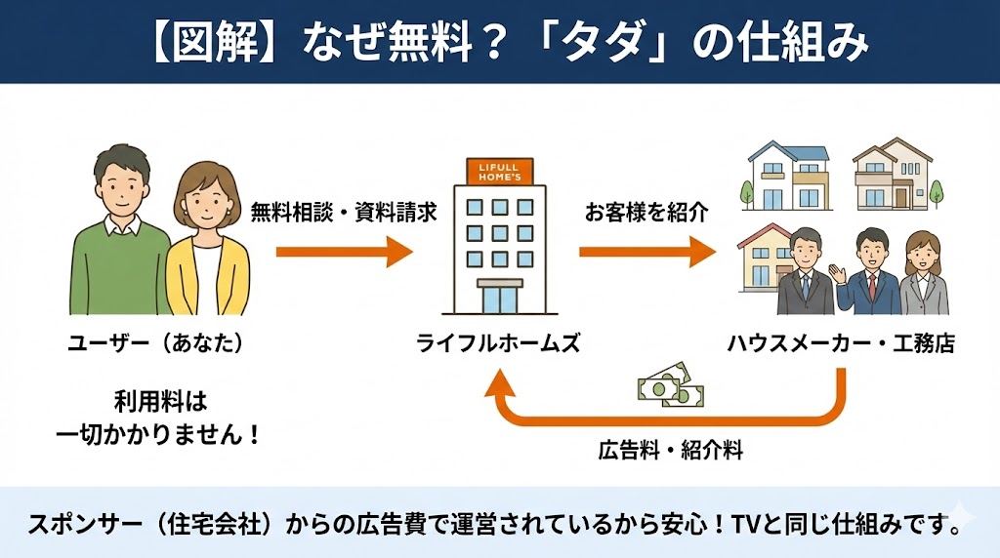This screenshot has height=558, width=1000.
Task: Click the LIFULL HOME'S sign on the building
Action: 499,173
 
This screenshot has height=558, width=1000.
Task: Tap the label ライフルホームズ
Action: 498,342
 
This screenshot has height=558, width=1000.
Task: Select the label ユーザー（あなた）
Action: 155,342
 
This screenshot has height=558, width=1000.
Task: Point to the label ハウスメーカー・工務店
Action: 841,342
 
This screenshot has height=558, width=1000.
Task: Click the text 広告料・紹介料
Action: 671,451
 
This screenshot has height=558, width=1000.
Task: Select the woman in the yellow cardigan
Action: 204,249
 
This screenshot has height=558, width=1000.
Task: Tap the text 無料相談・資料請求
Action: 343,210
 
